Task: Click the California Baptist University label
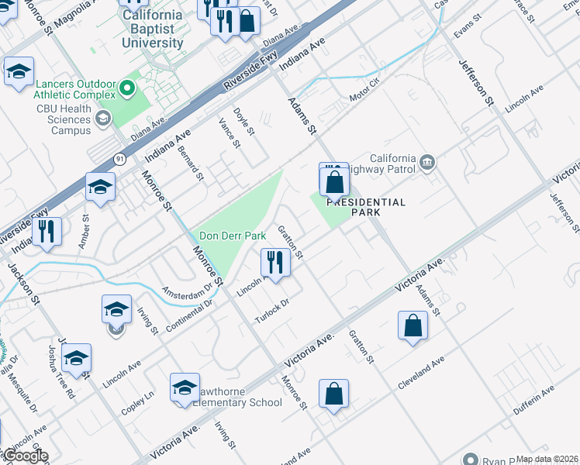153,29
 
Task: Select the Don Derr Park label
233,236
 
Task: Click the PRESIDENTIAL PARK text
366,207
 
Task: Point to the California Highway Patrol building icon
427,162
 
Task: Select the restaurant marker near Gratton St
276,262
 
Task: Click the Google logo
25,456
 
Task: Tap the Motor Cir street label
364,90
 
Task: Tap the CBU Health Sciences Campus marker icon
102,119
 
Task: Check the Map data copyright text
547,459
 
